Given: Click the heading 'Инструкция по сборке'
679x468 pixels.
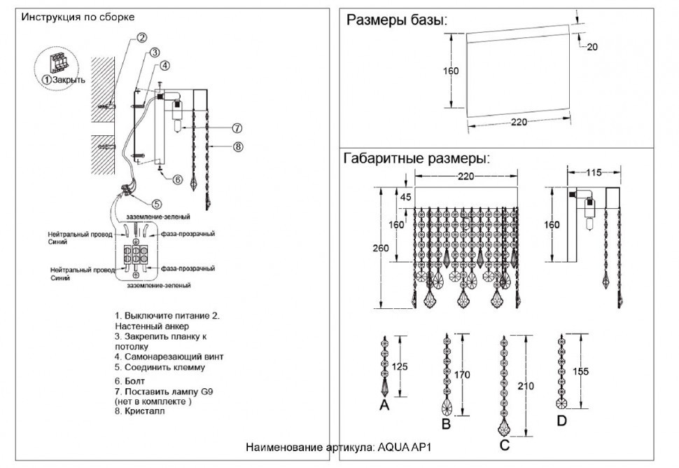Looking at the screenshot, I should click(78, 16).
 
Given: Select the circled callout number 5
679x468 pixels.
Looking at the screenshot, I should click(157, 204).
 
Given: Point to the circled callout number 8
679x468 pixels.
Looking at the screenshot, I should click(238, 147).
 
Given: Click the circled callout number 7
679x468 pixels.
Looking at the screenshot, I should click(237, 128).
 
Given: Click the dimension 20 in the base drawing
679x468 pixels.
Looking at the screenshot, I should click(591, 47).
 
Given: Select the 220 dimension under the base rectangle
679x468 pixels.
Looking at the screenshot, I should click(519, 122).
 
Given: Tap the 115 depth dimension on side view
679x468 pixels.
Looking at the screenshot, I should click(594, 172).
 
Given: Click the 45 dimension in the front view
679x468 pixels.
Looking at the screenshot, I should click(405, 197).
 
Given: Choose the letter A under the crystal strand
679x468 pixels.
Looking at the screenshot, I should click(384, 405).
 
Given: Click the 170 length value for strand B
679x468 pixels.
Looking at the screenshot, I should click(462, 375).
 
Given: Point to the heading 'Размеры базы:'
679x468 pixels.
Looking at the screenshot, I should click(396, 20).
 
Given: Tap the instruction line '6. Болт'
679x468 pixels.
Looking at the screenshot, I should click(130, 380).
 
